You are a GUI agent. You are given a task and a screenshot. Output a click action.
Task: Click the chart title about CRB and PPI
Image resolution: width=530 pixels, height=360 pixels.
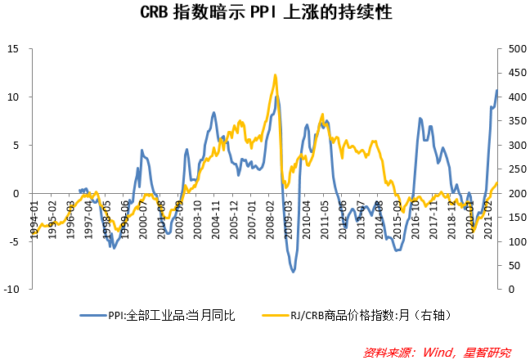(x=264, y=14)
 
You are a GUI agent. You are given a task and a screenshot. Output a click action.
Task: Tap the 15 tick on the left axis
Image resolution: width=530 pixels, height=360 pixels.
(x=14, y=48)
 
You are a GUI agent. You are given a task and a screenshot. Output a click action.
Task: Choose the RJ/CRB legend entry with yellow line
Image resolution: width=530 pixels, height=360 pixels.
(x=361, y=314)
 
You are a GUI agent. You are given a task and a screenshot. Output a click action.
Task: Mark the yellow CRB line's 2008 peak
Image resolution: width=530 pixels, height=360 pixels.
(x=275, y=75)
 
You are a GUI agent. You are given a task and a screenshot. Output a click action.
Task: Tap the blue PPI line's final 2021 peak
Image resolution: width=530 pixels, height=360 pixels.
(x=496, y=91)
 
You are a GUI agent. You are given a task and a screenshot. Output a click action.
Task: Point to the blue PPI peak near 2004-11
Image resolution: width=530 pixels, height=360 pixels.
(x=213, y=113)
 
